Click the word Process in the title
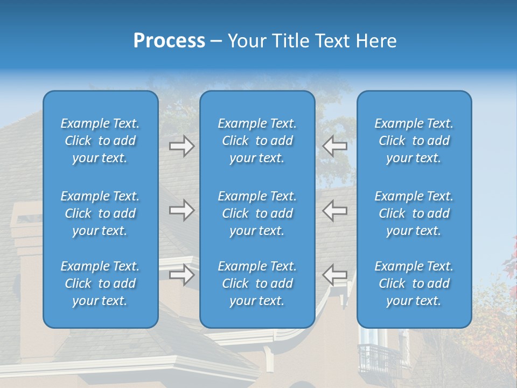click(169, 41)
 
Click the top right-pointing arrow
click(181, 146)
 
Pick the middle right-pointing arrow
click(181, 210)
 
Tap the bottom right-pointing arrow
click(181, 274)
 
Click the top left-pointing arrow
click(335, 146)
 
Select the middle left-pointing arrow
click(335, 210)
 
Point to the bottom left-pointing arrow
click(335, 274)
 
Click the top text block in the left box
click(100, 141)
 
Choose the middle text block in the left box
click(100, 213)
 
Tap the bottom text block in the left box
click(100, 283)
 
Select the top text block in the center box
click(257, 141)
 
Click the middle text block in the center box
click(257, 213)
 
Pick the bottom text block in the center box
click(257, 283)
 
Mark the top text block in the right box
click(414, 141)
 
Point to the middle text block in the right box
click(414, 213)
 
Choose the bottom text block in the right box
click(414, 283)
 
